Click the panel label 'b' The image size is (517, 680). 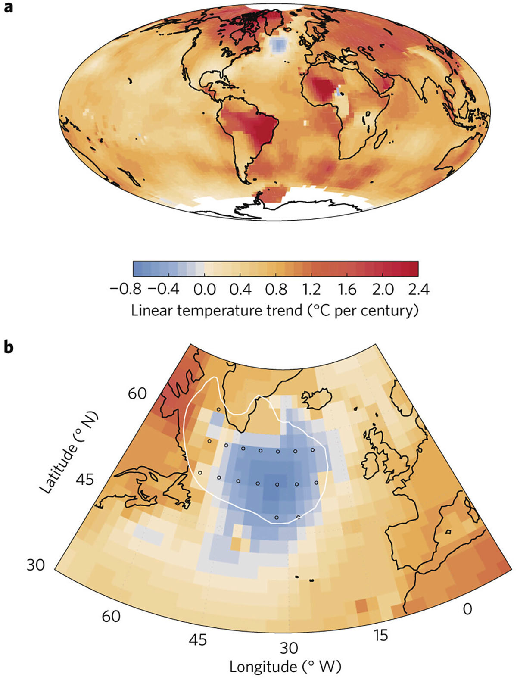coord(8,347)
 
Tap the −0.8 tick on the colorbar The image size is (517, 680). coord(125,289)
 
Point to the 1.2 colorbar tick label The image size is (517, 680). coord(311,289)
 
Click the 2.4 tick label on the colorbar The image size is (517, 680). coord(418,289)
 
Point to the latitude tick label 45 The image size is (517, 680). coord(84,479)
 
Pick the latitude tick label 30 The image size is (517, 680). coord(35,564)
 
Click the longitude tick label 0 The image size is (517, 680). coord(467,608)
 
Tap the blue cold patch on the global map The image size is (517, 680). coord(280,44)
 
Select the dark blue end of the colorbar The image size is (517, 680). coord(138,268)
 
